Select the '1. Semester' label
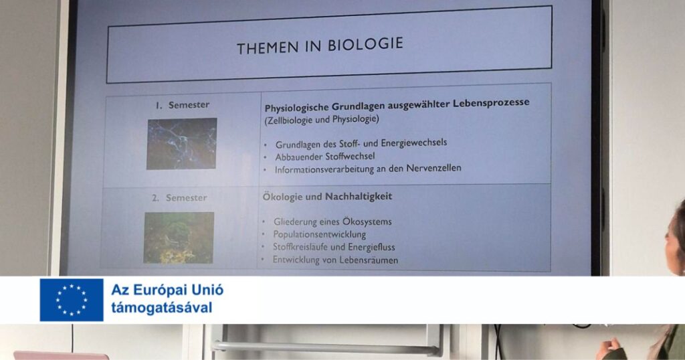[183, 105]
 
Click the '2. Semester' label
[179, 198]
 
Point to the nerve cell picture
[182, 143]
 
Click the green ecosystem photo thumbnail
[179, 238]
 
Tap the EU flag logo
[72, 300]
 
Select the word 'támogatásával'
[162, 308]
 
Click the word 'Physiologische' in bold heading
[296, 108]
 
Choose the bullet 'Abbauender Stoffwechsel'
[325, 157]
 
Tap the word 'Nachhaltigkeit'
[359, 197]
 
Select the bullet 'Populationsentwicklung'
[320, 234]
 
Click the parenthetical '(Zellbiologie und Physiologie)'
[322, 119]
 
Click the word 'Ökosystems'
[367, 221]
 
